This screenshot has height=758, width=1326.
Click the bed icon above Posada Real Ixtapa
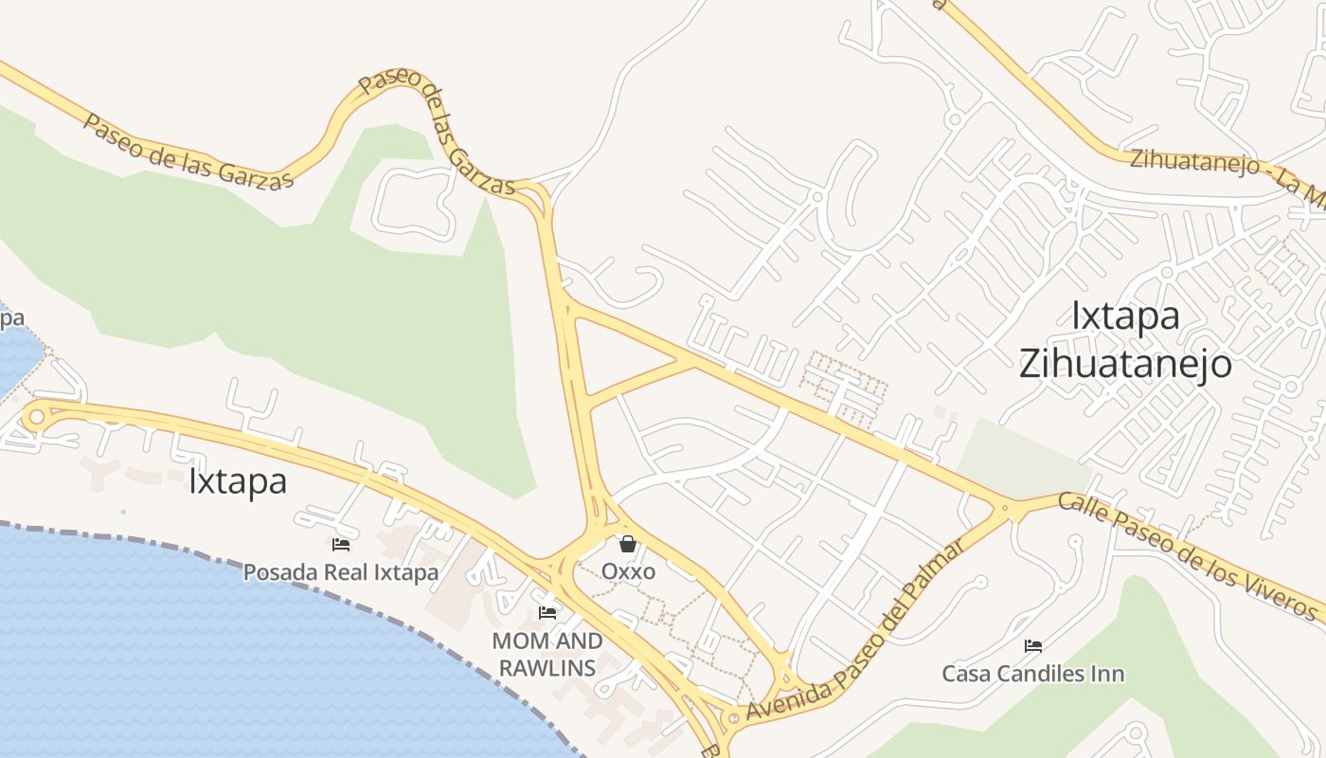(341, 545)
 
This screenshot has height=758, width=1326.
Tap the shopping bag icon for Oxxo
(627, 544)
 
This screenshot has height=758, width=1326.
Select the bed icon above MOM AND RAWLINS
(547, 613)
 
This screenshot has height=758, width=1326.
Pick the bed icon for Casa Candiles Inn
(1033, 646)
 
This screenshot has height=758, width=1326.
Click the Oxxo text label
(628, 571)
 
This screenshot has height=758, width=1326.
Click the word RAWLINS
(547, 667)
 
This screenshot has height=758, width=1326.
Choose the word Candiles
(1034, 674)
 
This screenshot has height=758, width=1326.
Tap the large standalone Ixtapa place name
(237, 481)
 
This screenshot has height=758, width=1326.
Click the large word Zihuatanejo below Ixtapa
(1125, 364)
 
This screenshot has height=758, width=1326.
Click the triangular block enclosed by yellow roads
(616, 354)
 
